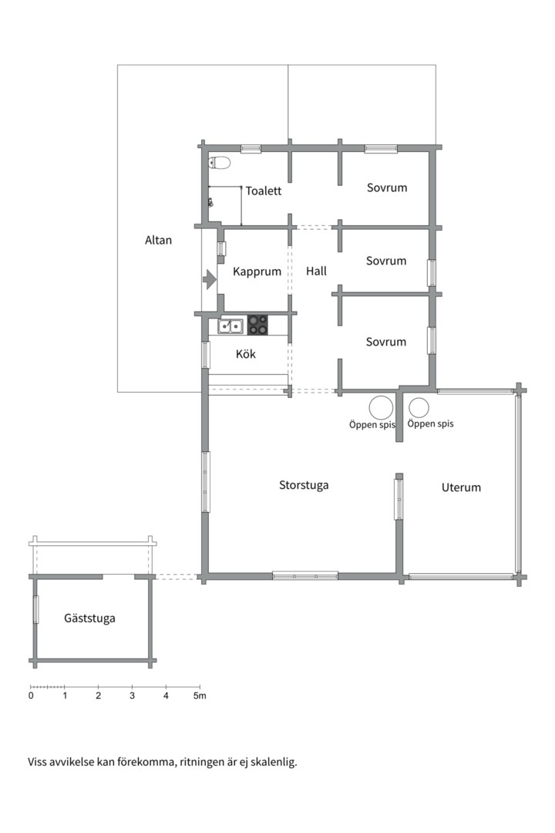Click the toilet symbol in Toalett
click(220, 162)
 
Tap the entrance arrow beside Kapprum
click(210, 279)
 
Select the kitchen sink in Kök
click(230, 325)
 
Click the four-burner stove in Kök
click(258, 325)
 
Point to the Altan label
click(158, 240)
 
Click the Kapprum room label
click(257, 271)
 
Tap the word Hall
click(316, 271)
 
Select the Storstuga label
click(304, 485)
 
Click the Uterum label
click(461, 487)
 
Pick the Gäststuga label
click(89, 618)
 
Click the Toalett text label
click(264, 191)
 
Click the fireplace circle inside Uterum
click(419, 408)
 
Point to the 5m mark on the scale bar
click(199, 696)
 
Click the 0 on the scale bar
click(31, 696)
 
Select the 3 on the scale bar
click(133, 696)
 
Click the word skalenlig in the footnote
click(275, 762)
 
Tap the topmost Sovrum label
click(387, 187)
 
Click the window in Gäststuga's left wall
click(36, 609)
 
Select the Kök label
click(246, 354)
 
